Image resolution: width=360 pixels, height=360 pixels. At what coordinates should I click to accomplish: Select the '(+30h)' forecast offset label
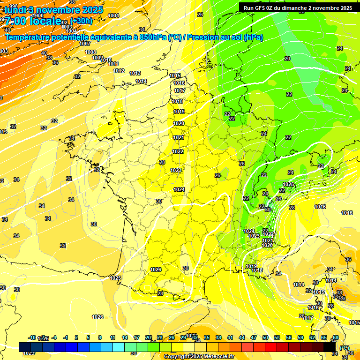click(x=81, y=21)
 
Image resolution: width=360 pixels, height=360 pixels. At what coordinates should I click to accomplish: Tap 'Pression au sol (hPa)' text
click(x=225, y=37)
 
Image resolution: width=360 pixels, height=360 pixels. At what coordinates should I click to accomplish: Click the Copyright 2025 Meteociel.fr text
click(x=199, y=357)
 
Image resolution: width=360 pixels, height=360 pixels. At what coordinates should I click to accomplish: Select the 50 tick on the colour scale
click(x=265, y=337)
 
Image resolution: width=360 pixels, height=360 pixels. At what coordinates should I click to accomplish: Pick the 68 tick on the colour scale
click(x=336, y=337)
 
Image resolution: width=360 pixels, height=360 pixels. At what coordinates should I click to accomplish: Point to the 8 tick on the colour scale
click(x=100, y=337)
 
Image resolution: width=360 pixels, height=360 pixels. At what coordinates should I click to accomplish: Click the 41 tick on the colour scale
click(x=230, y=337)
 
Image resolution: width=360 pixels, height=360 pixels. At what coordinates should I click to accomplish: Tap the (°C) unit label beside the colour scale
click(x=344, y=348)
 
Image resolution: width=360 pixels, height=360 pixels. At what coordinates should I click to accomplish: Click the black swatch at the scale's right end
click(x=330, y=346)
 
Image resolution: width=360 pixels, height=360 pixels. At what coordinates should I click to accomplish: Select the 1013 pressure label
click(x=135, y=73)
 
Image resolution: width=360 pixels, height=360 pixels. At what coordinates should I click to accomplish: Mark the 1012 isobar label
click(x=119, y=71)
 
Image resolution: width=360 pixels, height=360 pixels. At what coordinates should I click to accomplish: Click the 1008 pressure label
click(x=90, y=52)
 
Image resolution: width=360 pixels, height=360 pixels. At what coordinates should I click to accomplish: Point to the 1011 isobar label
click(x=113, y=64)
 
